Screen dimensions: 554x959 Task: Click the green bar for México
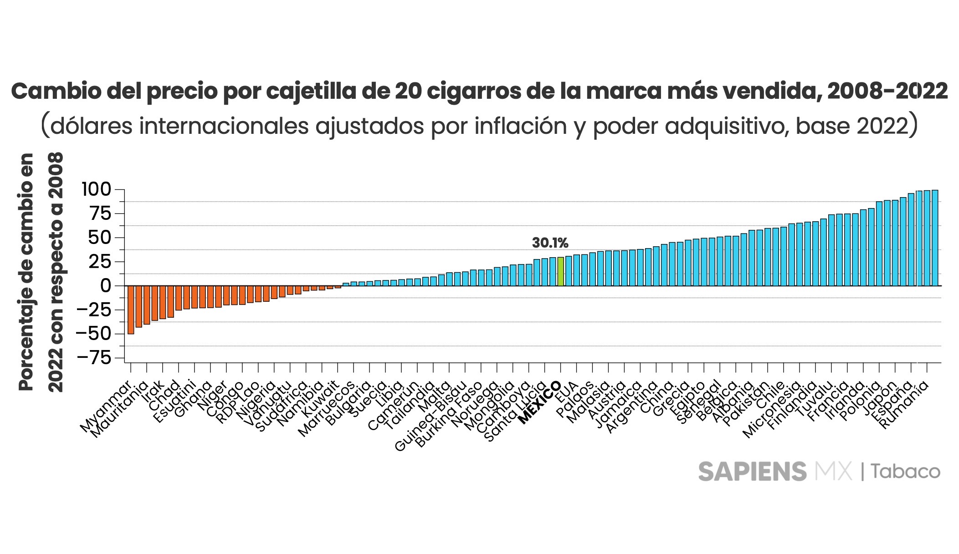(x=561, y=272)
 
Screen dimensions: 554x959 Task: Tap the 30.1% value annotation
(x=550, y=243)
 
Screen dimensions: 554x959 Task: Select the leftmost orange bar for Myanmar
(x=131, y=310)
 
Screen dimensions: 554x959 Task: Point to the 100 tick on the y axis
(x=96, y=189)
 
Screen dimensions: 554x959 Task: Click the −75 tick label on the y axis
(x=94, y=358)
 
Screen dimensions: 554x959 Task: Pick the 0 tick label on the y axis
(x=106, y=286)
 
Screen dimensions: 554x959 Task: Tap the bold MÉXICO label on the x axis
(x=540, y=403)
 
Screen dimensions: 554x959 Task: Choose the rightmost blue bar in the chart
(x=935, y=238)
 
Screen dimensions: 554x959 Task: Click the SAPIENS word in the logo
(x=752, y=472)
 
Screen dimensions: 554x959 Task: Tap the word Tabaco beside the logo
(x=906, y=472)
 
